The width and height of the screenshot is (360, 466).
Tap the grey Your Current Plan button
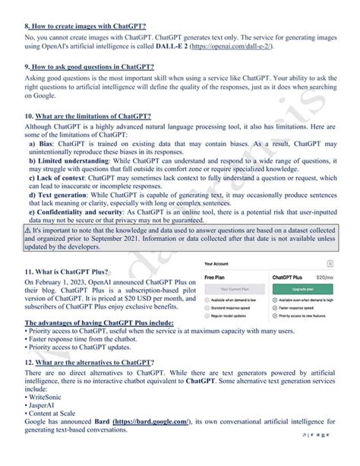tap(236, 290)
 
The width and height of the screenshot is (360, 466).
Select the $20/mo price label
tap(324, 278)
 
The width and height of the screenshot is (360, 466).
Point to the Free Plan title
tap(216, 278)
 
